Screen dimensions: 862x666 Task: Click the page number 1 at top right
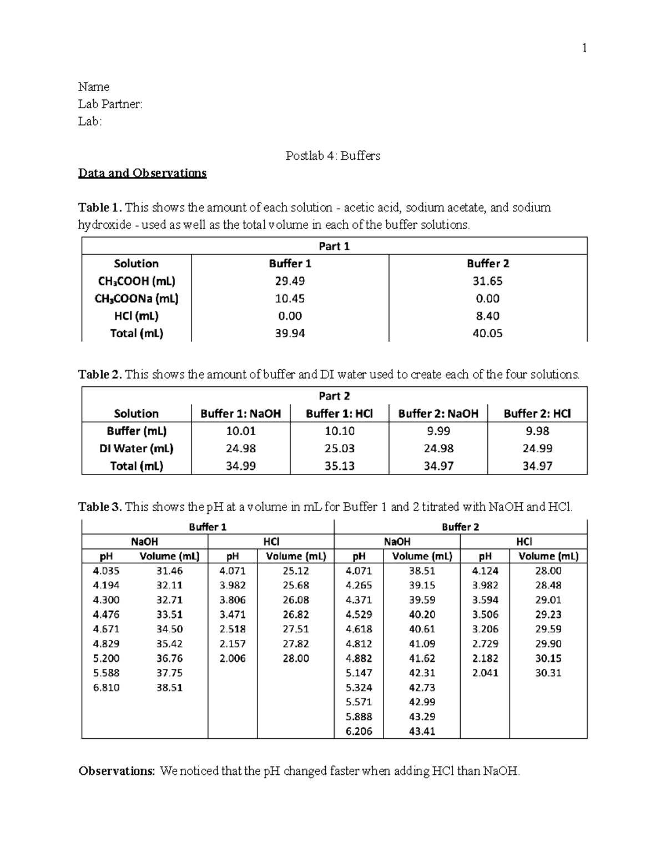tap(584, 48)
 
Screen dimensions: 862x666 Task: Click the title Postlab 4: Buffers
tap(332, 156)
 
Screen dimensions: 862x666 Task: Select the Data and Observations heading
tap(142, 173)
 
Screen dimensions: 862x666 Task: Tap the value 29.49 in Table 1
tap(290, 281)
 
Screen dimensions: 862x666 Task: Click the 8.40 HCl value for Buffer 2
tap(487, 316)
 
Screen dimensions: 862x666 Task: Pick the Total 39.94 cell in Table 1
tap(290, 334)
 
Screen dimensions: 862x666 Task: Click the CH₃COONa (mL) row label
tap(137, 299)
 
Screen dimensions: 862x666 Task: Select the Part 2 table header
tap(334, 396)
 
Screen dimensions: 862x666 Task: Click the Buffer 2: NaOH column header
tap(438, 414)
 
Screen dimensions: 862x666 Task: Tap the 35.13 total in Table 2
tap(339, 466)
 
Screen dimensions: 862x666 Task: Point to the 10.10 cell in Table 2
tap(339, 431)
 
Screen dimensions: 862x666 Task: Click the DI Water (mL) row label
tap(137, 448)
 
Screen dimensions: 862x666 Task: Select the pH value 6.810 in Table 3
tap(106, 688)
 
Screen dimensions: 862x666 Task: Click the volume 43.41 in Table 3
tap(422, 732)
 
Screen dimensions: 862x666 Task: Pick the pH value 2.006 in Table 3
tap(232, 658)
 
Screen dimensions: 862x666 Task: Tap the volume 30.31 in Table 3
tap(548, 673)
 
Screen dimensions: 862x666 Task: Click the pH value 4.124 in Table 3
tap(485, 571)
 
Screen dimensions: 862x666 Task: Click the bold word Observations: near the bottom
tap(117, 772)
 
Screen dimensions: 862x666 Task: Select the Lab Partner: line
tap(110, 104)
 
